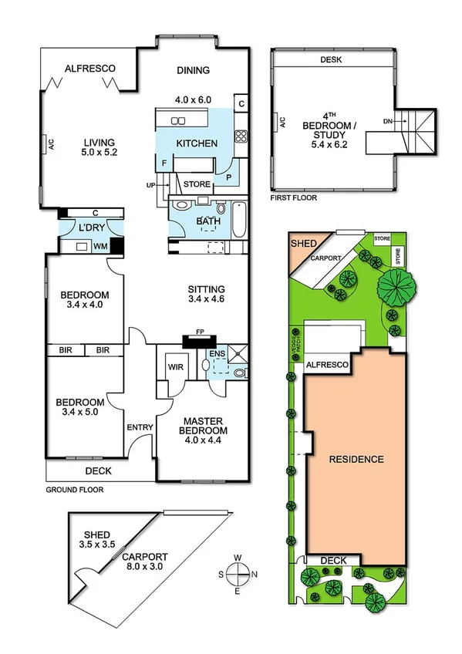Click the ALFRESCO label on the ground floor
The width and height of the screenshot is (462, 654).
tap(89, 69)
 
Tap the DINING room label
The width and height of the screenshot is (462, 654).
tap(193, 70)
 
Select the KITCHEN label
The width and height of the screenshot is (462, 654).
tap(197, 143)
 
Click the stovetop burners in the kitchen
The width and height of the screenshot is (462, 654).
tap(240, 138)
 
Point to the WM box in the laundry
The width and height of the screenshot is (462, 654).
tap(99, 247)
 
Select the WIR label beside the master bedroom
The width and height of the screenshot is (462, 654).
tap(177, 367)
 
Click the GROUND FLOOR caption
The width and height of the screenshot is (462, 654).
tap(74, 489)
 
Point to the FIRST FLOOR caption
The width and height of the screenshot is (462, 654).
tap(293, 197)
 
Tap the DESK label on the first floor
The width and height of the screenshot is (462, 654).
tap(331, 59)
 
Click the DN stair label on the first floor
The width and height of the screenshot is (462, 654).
tap(388, 121)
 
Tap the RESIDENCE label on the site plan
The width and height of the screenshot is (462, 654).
tap(356, 459)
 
